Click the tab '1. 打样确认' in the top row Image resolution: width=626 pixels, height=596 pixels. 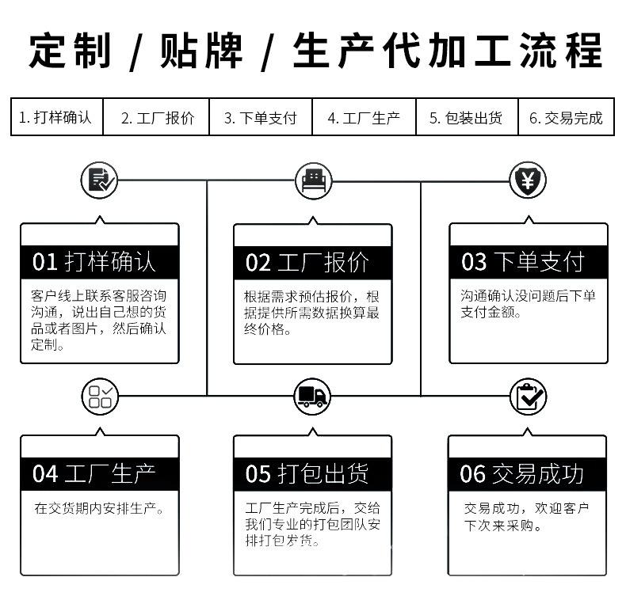pyautogui.click(x=56, y=118)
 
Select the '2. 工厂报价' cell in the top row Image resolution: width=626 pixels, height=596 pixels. pyautogui.click(x=157, y=118)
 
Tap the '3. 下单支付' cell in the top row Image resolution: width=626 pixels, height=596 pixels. pyautogui.click(x=260, y=118)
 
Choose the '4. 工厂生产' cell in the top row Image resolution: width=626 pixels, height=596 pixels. pyautogui.click(x=364, y=118)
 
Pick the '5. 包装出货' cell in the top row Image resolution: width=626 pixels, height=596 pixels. pyautogui.click(x=466, y=118)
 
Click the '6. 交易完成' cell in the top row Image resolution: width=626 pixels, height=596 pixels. pyautogui.click(x=566, y=118)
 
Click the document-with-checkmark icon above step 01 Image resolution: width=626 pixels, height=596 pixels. pyautogui.click(x=100, y=181)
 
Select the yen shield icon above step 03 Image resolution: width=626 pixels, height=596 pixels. pyautogui.click(x=527, y=181)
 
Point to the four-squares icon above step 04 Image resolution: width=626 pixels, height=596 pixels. pyautogui.click(x=100, y=395)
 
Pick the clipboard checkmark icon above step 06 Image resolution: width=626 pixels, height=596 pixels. pyautogui.click(x=527, y=395)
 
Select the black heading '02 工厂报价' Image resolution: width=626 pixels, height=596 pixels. pyautogui.click(x=313, y=261)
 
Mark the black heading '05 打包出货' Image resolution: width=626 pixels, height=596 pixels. pyautogui.click(x=313, y=473)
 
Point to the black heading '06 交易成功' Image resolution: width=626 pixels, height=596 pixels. pyautogui.click(x=527, y=473)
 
